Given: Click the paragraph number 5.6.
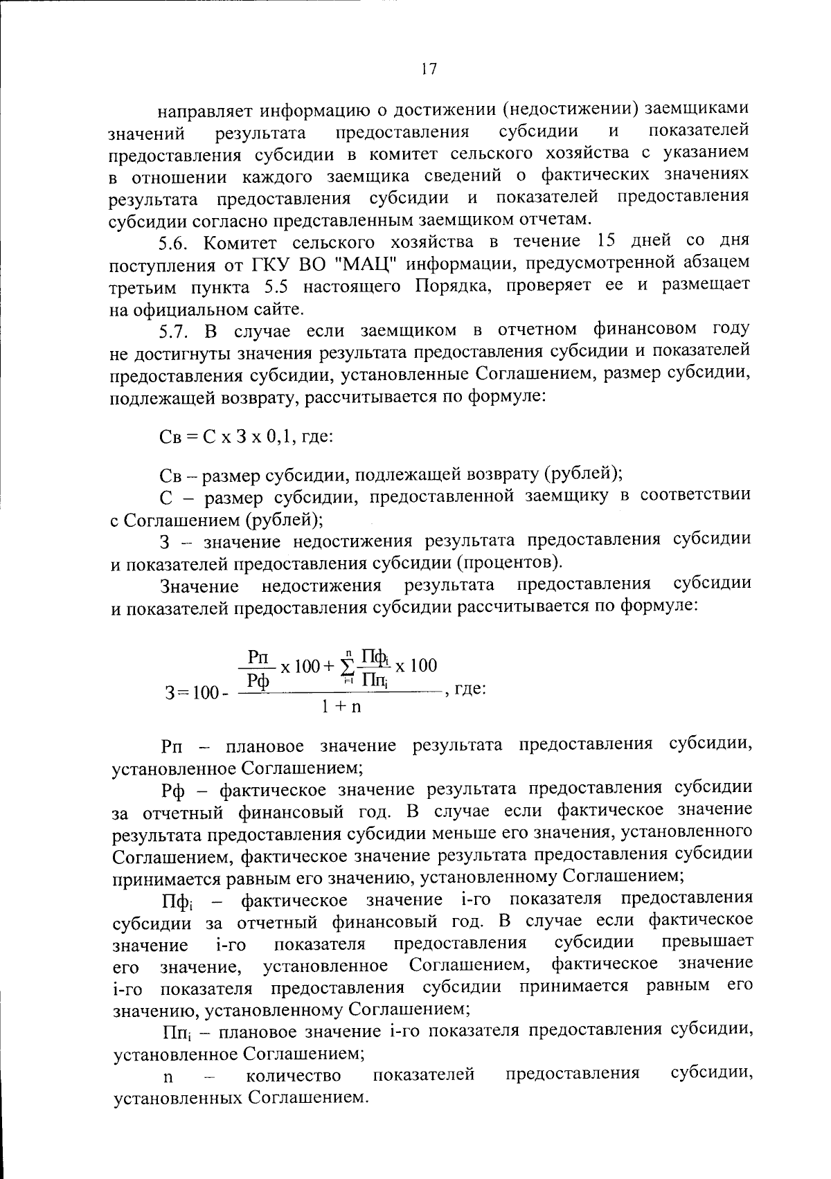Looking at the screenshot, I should point(175,242).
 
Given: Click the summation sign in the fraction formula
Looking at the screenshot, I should point(348,667).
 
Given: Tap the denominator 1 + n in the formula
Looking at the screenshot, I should point(342,708).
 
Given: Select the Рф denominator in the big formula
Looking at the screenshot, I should point(259,681).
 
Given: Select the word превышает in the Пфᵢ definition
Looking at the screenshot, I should point(707,942).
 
